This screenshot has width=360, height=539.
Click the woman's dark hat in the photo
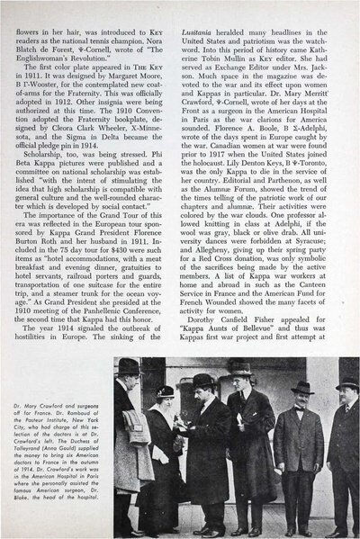[165, 391]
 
